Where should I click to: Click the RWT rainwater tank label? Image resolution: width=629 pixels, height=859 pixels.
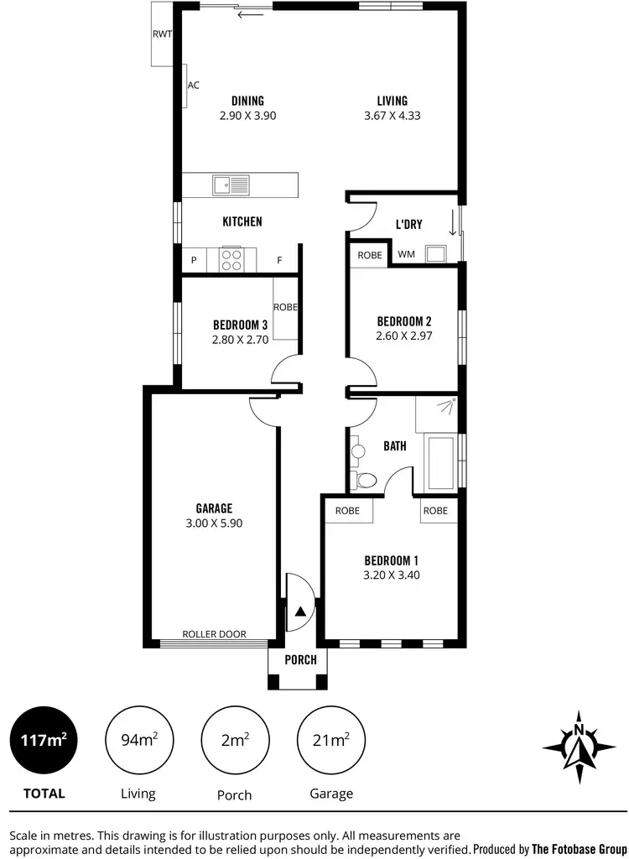click(x=162, y=34)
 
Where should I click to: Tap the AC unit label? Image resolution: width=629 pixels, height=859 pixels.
click(x=194, y=86)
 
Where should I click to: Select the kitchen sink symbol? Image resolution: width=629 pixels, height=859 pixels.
click(x=231, y=184)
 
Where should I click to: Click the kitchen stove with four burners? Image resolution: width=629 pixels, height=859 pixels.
click(x=231, y=260)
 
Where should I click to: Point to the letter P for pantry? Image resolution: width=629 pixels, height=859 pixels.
click(x=194, y=261)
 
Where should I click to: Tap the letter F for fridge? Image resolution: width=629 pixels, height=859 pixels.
click(x=280, y=261)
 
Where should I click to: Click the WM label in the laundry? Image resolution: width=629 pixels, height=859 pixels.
click(x=406, y=254)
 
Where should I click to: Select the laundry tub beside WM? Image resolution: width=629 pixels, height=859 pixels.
click(x=436, y=253)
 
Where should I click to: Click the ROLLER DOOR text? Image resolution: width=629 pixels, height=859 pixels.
click(x=215, y=634)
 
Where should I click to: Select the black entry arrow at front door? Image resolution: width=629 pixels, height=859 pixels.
click(x=299, y=612)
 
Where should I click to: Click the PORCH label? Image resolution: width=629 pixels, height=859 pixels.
click(x=300, y=660)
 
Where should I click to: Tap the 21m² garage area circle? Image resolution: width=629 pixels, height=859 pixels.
click(x=331, y=740)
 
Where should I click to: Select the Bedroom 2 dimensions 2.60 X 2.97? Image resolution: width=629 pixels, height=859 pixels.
click(x=403, y=336)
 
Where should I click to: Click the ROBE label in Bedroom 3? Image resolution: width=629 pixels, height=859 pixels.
click(x=285, y=308)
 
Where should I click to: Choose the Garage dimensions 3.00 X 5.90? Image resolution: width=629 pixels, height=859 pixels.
click(x=214, y=523)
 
